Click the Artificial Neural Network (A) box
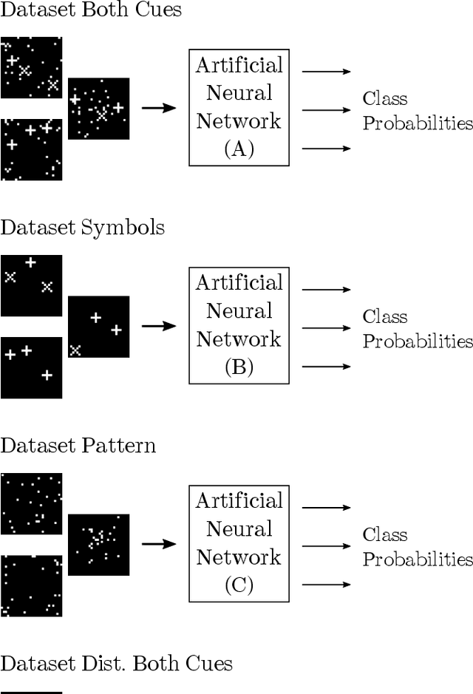(x=239, y=107)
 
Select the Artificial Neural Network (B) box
(x=239, y=325)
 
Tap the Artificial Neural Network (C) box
(x=239, y=543)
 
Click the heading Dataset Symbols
(x=82, y=228)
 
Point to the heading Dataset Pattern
(x=78, y=446)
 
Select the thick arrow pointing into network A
(x=158, y=108)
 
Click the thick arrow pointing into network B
(x=158, y=326)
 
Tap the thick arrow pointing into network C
(x=158, y=544)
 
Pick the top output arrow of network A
(x=326, y=72)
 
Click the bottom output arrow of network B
(x=326, y=366)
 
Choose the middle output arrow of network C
(x=326, y=546)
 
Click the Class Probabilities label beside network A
(x=417, y=111)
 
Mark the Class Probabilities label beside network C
(x=417, y=547)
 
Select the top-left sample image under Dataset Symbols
(x=31, y=285)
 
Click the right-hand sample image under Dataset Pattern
(x=98, y=545)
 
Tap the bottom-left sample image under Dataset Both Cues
(x=31, y=149)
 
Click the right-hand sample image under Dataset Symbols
(x=98, y=327)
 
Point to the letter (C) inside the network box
(x=239, y=586)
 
